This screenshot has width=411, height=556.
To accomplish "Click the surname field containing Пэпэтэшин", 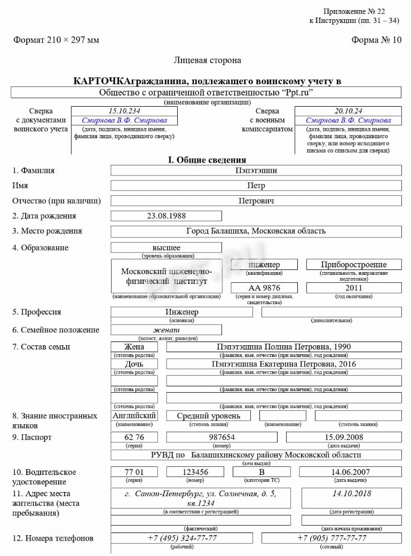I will (256, 171).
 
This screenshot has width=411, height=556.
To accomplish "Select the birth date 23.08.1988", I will (166, 216).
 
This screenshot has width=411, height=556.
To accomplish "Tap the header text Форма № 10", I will (376, 40).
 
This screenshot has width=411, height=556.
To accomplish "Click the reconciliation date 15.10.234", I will (124, 111).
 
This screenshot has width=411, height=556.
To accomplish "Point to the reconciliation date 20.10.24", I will (348, 111).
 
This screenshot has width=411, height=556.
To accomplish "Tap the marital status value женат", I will (166, 330).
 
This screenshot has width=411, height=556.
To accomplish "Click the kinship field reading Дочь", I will (134, 364).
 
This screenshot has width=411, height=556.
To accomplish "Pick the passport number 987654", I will (222, 437).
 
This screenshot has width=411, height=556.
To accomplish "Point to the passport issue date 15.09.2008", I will (344, 437).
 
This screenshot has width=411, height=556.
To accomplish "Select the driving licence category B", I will (262, 472).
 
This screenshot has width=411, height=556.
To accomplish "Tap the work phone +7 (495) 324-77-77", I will (182, 538).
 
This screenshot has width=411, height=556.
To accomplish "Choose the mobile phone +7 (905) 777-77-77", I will (331, 538).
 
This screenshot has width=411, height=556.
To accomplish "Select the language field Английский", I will (134, 415).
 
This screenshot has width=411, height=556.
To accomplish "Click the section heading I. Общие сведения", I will (207, 160).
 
